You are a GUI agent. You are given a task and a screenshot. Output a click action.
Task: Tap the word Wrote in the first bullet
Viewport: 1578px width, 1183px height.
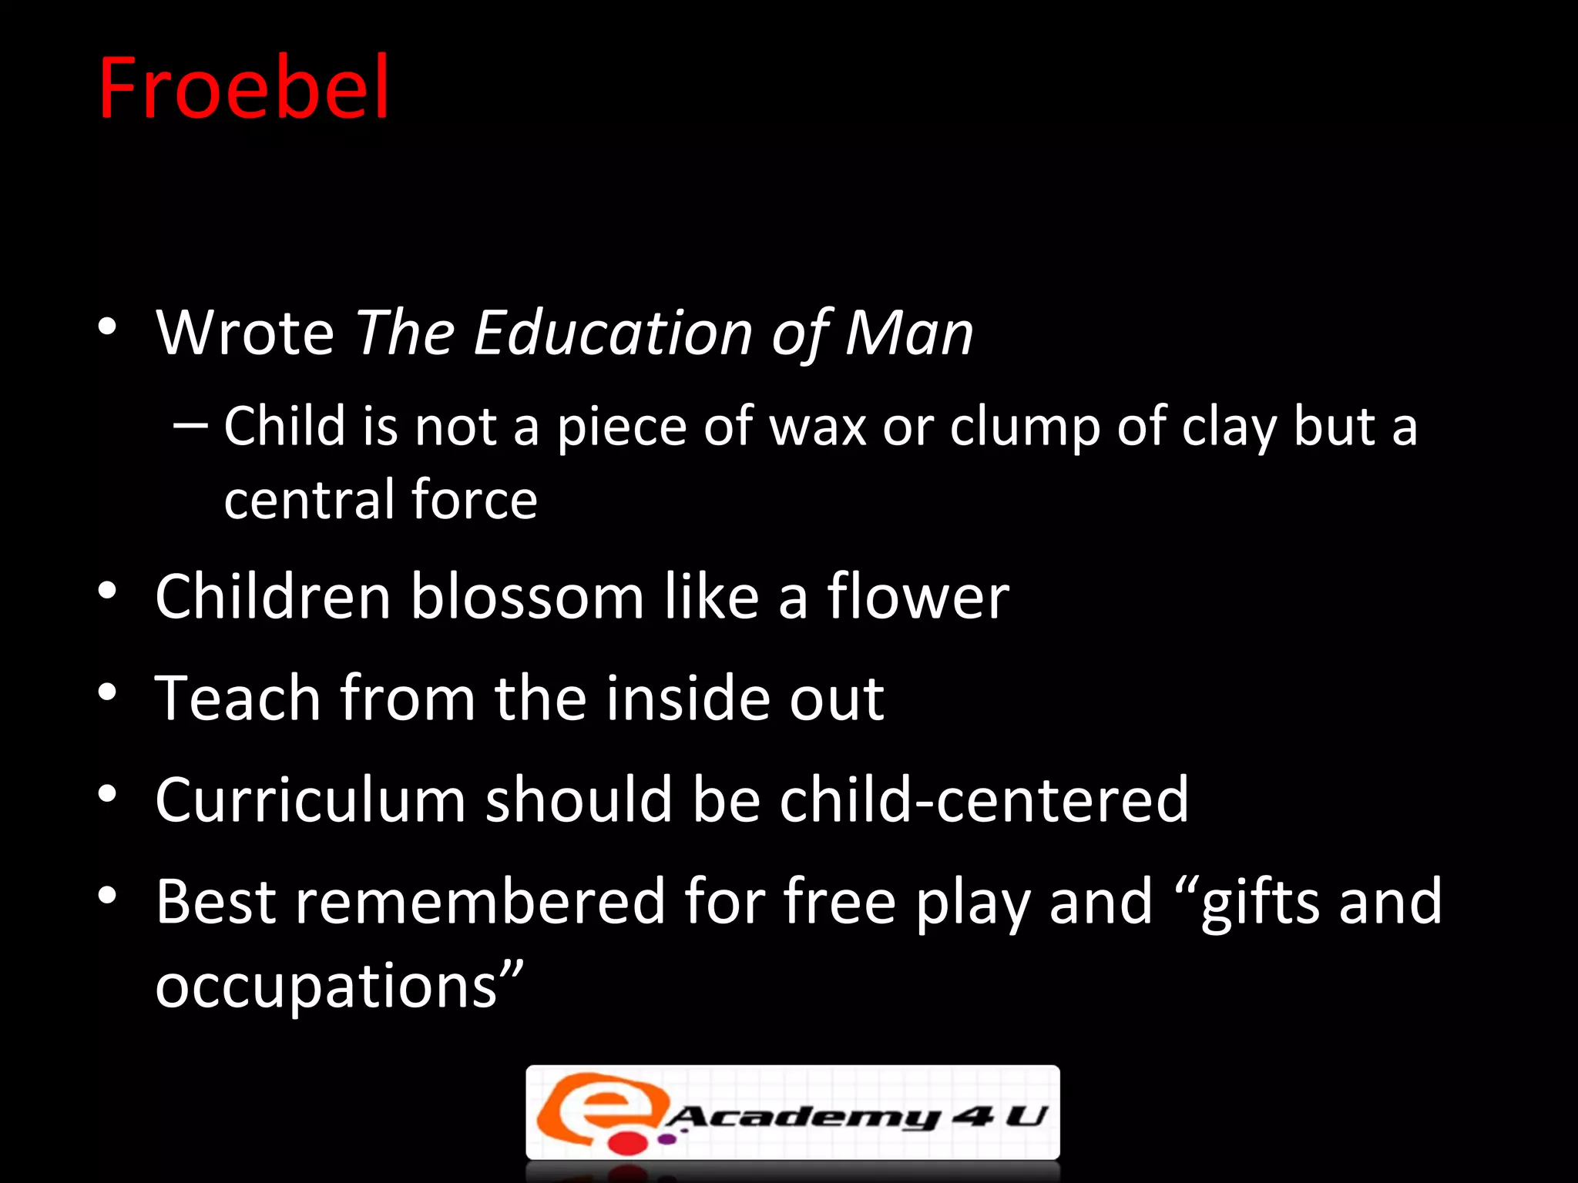coord(245,333)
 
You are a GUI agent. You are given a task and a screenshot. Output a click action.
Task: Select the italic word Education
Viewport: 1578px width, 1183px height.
coord(613,333)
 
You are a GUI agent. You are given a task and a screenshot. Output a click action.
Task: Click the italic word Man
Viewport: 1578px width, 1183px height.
coord(909,333)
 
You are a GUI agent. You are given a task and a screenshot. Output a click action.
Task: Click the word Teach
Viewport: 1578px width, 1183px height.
coord(237,698)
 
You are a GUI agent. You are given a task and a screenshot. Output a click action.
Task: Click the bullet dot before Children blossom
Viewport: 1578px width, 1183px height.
coord(107,591)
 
